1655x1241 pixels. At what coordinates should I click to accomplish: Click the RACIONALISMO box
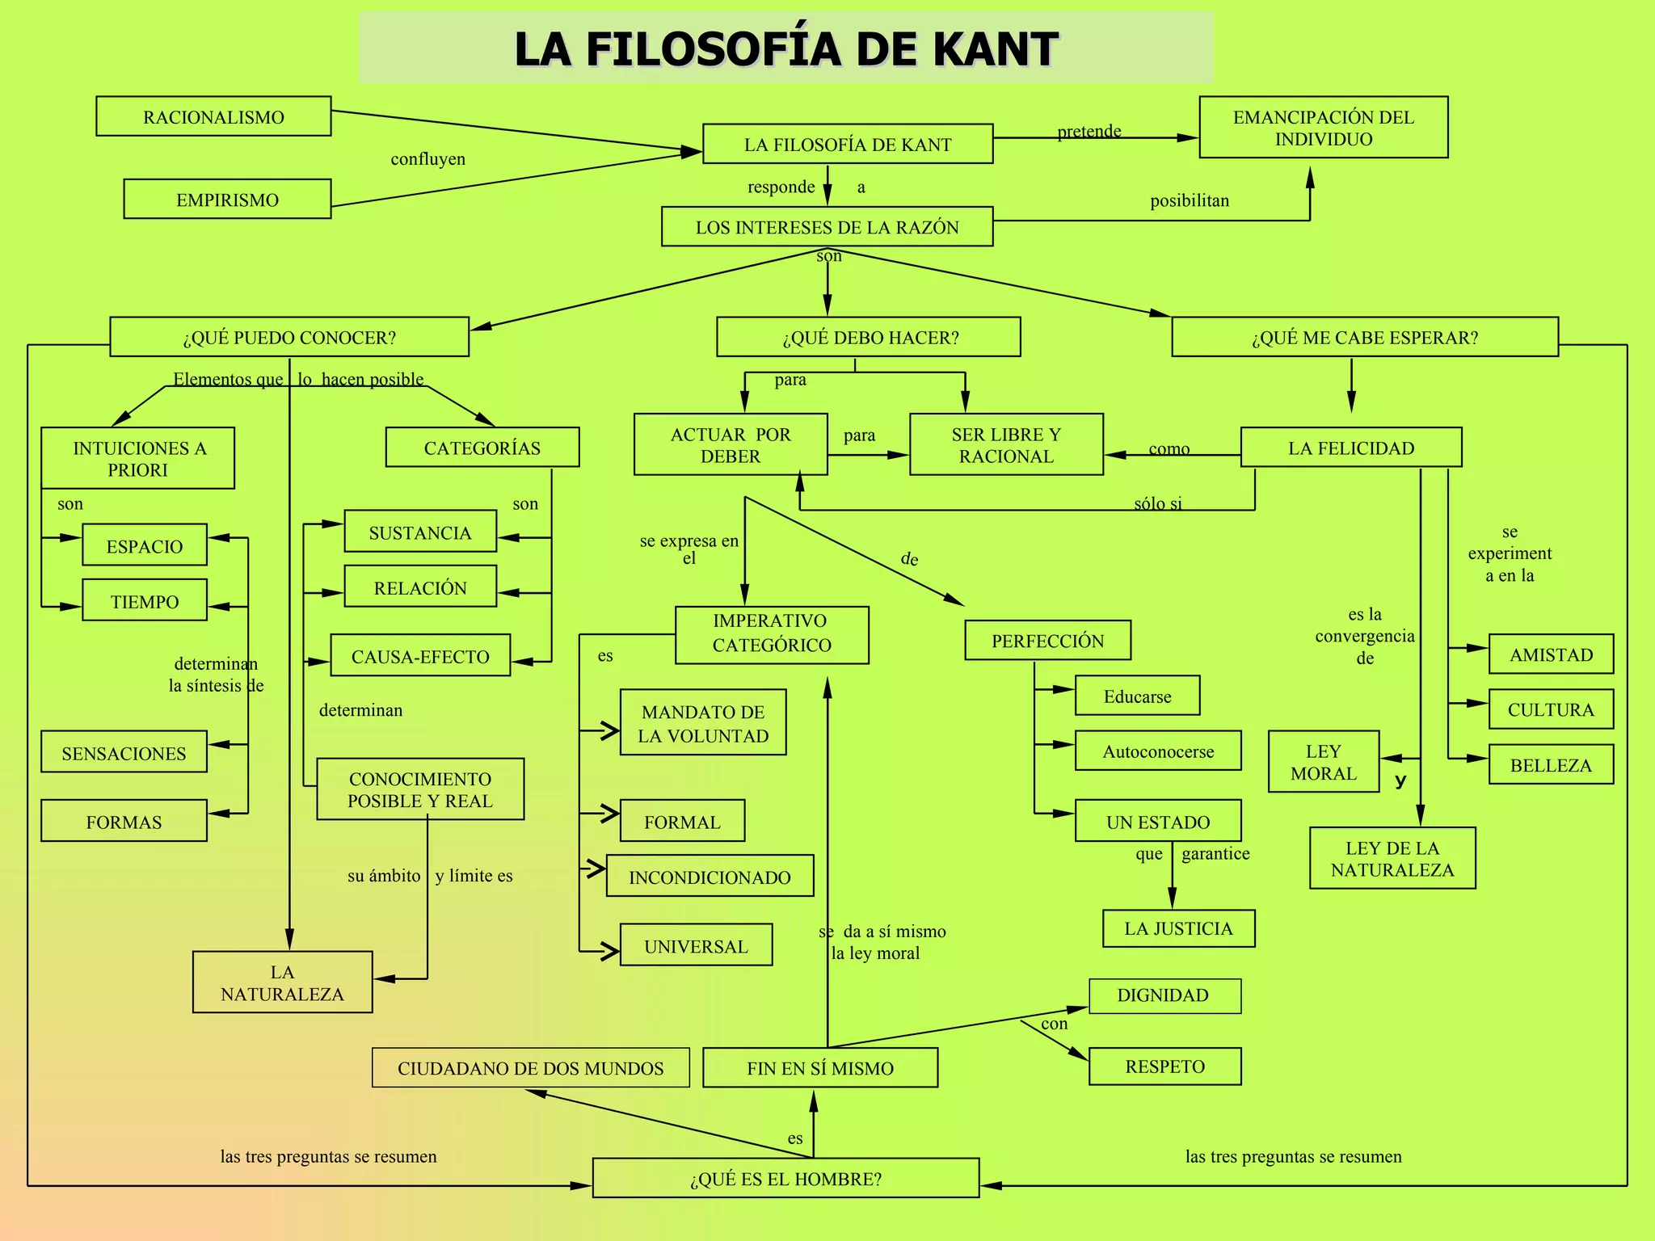click(213, 116)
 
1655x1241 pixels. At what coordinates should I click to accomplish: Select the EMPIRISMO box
click(227, 199)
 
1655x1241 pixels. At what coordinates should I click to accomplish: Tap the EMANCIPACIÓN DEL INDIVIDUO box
click(1323, 128)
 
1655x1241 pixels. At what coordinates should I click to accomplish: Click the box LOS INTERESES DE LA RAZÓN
click(827, 227)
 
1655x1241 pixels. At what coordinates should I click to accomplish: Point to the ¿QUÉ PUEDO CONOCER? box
click(289, 337)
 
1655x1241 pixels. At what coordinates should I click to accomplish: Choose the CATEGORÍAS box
click(482, 448)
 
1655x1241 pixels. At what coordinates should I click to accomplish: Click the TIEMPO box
click(145, 600)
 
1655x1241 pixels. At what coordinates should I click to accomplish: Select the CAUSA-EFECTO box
click(420, 655)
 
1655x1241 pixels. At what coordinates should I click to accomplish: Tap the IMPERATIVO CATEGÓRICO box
click(772, 635)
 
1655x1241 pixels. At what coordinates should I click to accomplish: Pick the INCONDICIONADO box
click(710, 877)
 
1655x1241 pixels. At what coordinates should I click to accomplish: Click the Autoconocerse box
click(1157, 751)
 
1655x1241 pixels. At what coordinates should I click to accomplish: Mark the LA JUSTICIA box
click(1178, 928)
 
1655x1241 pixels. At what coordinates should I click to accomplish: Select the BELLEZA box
click(1551, 764)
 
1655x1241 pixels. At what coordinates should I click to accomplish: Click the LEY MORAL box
click(1323, 762)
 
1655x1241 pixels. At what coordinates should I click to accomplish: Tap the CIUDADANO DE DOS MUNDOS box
click(530, 1068)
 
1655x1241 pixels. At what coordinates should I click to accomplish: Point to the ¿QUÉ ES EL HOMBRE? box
click(785, 1178)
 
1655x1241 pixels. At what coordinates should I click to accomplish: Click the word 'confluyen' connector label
click(427, 159)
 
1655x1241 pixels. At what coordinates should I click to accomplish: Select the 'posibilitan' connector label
click(1190, 200)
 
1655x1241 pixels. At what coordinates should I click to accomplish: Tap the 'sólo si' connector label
click(1157, 503)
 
